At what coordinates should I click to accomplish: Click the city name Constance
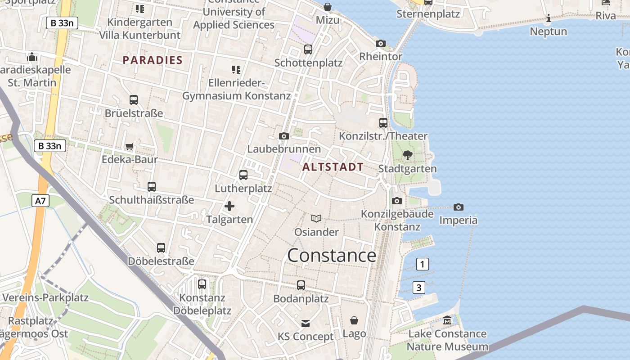332,256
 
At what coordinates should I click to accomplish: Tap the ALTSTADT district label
333,167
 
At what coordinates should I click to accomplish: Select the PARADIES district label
153,60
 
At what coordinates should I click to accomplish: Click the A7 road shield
40,201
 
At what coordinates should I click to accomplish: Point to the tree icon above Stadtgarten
408,155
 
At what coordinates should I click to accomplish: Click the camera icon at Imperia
459,207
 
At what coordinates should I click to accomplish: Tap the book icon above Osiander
316,219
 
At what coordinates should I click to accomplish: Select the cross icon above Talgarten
229,206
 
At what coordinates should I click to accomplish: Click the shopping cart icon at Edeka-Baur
130,146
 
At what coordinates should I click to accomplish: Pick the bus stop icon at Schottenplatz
308,49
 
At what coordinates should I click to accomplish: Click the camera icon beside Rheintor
381,44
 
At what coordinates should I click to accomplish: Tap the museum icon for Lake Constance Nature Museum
447,320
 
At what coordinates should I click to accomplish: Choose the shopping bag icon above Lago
354,320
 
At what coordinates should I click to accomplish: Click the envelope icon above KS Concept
306,323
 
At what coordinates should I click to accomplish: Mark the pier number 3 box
419,287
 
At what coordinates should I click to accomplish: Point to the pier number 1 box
422,264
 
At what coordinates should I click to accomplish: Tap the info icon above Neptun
548,18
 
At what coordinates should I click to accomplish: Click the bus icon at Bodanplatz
301,285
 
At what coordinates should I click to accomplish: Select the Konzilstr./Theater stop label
383,136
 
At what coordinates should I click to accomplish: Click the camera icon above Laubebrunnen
284,136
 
